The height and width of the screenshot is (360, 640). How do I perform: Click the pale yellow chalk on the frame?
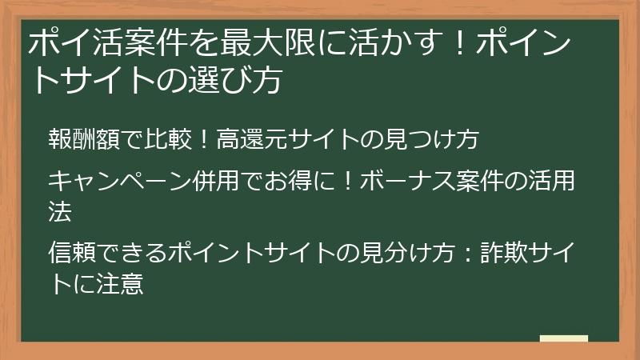(563, 339)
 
